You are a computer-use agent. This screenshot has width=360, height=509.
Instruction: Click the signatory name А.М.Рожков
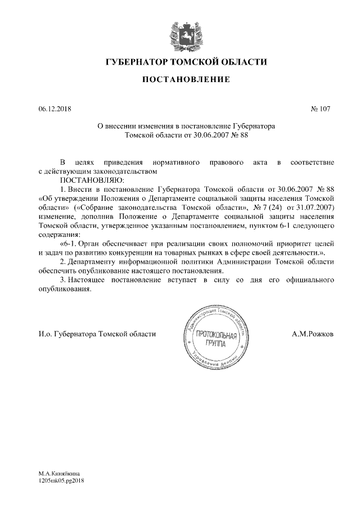pos(313,334)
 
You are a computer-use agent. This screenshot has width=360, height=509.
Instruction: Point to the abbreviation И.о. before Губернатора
pos(44,334)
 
